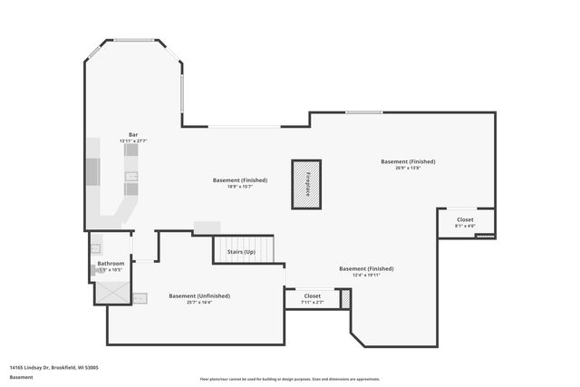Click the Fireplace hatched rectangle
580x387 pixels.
click(306, 184)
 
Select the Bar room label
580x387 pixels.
click(133, 135)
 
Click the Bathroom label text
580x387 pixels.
click(111, 264)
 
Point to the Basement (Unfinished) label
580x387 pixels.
click(199, 295)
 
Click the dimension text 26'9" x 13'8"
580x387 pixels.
click(408, 168)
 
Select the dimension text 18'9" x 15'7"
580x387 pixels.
click(240, 186)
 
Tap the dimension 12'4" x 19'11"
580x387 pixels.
click(366, 275)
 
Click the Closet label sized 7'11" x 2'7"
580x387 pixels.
click(313, 295)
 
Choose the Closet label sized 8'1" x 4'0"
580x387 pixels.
click(465, 219)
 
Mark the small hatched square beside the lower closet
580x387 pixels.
click(345, 298)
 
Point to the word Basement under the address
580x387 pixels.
click(21, 377)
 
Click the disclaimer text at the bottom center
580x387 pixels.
click(290, 380)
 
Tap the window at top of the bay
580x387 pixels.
click(133, 40)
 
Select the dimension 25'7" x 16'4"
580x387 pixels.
click(199, 302)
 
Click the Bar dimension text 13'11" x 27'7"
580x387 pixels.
click(133, 141)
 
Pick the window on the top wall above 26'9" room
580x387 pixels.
click(363, 112)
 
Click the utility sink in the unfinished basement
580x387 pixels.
click(140, 298)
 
